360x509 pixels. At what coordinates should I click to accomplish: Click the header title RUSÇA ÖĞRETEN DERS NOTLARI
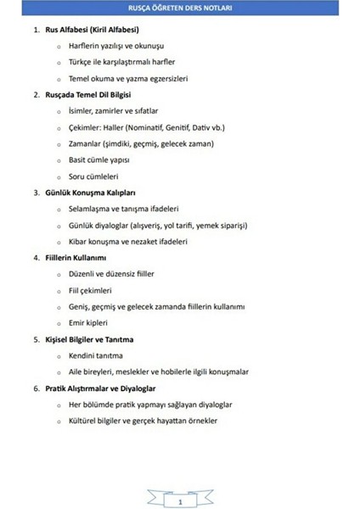click(x=179, y=8)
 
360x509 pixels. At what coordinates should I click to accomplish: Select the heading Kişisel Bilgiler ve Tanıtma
click(x=89, y=339)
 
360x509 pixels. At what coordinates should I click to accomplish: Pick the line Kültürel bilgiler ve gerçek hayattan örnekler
click(x=143, y=421)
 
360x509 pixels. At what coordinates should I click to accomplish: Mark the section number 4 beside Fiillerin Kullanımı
click(x=36, y=257)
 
